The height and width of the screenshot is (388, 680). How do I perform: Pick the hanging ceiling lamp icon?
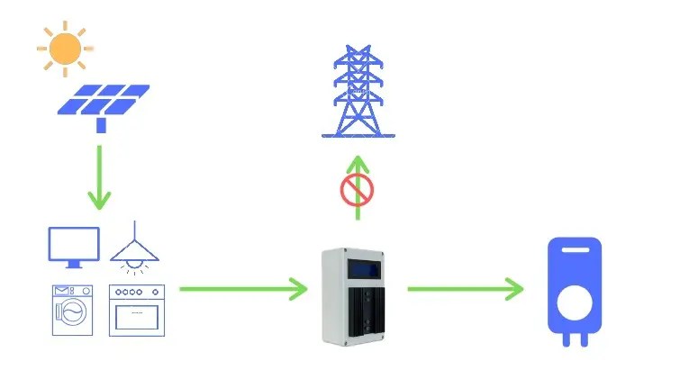coord(134,248)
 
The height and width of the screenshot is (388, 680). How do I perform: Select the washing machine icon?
coord(73,310)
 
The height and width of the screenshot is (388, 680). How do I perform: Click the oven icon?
coord(137,310)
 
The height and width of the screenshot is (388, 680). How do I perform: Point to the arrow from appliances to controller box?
coord(243,289)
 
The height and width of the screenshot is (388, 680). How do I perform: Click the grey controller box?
coord(358,297)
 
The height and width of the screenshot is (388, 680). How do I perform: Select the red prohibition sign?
coord(357,191)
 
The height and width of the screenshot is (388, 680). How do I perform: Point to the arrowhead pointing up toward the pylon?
coord(358,162)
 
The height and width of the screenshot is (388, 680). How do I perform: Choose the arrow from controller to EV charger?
coord(465,289)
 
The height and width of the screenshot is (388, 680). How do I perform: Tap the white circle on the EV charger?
coord(575,302)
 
